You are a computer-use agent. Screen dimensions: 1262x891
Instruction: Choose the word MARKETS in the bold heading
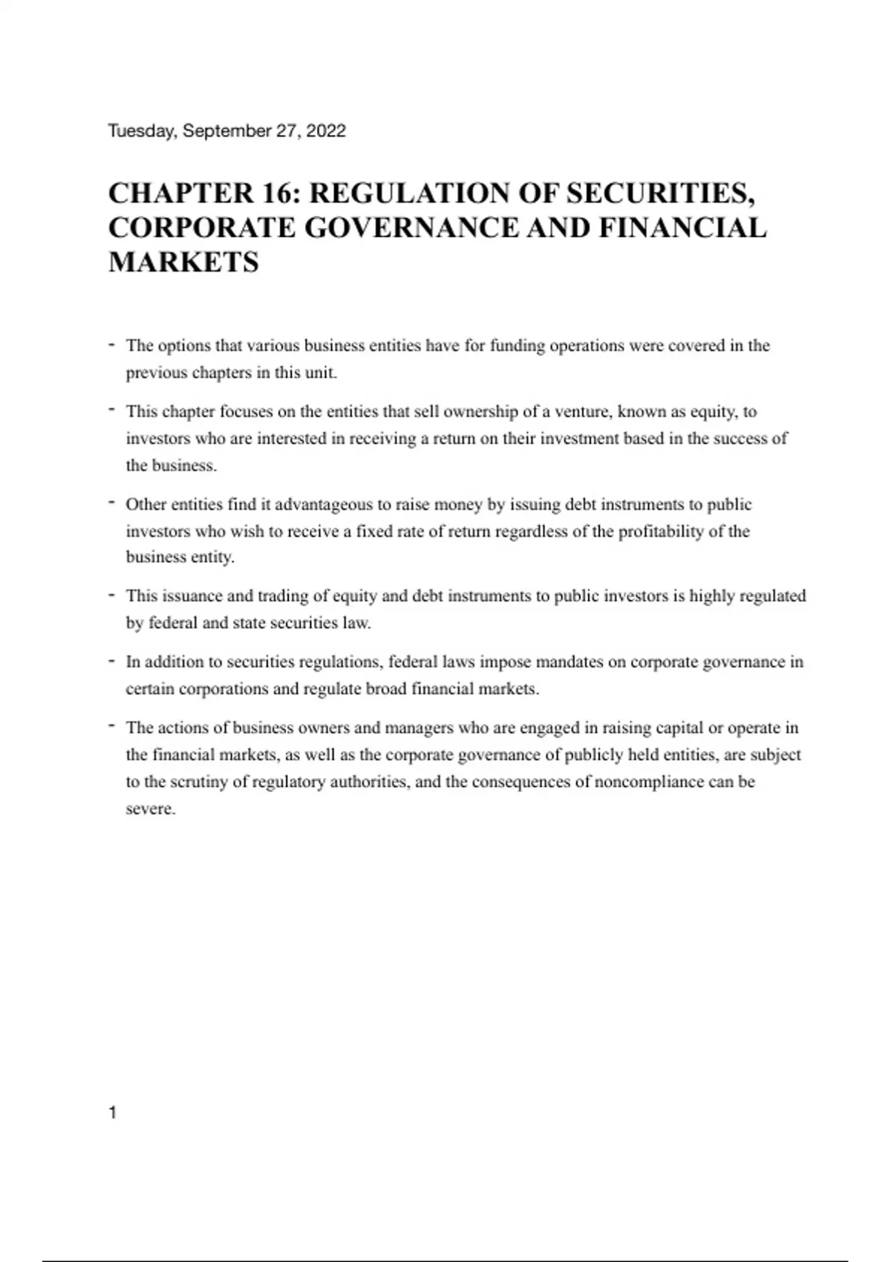point(183,262)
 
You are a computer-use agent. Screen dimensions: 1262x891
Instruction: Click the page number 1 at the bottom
point(113,1112)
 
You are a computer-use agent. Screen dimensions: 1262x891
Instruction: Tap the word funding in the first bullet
point(517,346)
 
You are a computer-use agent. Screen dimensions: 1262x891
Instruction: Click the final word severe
point(150,809)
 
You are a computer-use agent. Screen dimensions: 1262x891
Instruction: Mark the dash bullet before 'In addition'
point(111,661)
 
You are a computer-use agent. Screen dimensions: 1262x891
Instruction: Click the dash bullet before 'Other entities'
point(111,503)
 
